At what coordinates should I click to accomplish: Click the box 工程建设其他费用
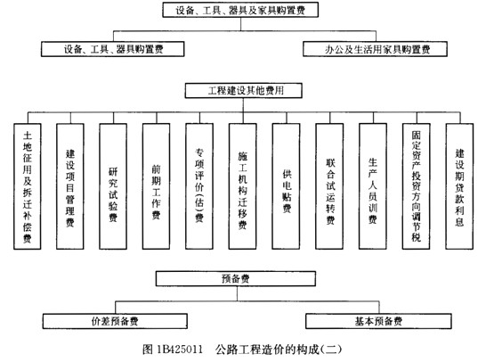point(244,91)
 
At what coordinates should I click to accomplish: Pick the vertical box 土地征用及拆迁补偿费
point(28,188)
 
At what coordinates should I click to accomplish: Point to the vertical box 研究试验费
point(114,188)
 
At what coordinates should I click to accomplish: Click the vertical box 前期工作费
point(157,188)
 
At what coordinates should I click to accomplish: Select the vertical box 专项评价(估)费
point(199,188)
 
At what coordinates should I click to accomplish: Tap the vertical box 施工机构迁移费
point(243,188)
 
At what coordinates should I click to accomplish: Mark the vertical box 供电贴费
point(287,188)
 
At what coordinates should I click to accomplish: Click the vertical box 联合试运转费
point(330,188)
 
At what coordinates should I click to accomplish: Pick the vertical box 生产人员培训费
point(373,188)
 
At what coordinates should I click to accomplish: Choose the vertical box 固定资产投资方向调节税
point(417,188)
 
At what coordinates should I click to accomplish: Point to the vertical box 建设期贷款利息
point(459,188)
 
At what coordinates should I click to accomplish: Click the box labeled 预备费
point(244,279)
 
